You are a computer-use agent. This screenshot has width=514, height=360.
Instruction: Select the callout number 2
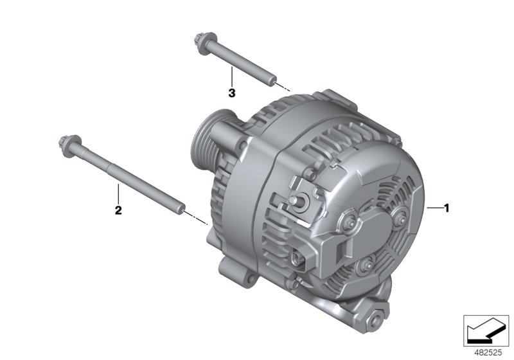118,210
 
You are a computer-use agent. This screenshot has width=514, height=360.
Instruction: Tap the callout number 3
232,93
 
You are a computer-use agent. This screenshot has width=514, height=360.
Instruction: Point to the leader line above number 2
118,193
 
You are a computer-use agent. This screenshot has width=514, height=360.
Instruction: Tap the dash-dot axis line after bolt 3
284,87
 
